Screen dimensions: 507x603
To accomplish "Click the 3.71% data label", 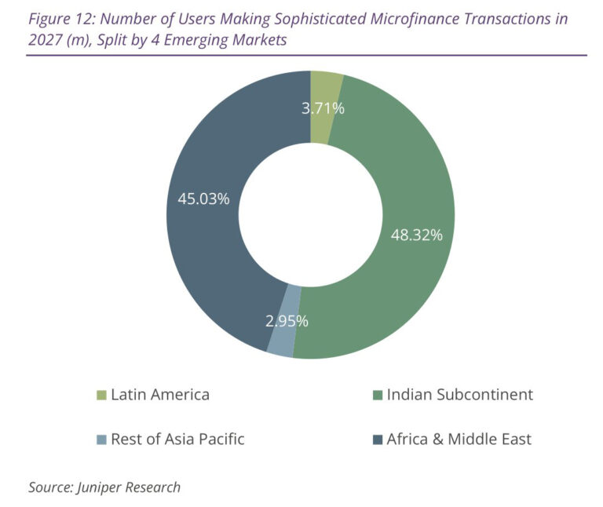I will point(323,108).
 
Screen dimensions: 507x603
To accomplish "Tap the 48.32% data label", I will point(417,235).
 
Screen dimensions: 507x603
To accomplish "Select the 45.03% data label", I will point(203,199).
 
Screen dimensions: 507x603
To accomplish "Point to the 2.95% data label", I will point(286,320).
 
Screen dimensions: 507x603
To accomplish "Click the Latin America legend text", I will point(160,394).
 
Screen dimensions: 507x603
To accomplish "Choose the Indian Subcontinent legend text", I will point(459,394).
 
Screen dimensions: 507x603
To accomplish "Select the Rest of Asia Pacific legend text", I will point(177,439).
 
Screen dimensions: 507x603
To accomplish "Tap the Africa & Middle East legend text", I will point(459,439).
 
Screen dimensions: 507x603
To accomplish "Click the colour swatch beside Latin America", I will point(100,395).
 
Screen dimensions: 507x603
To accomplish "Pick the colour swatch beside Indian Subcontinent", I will point(376,395).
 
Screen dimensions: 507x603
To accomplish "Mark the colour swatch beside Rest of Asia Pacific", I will point(100,440).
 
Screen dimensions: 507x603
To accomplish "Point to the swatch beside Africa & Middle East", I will point(376,440).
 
